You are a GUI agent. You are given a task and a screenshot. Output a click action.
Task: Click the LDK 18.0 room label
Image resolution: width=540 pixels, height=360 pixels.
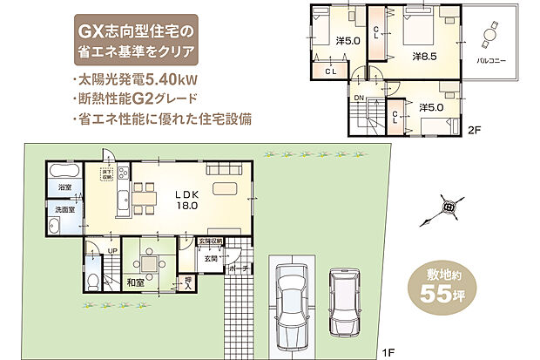186,200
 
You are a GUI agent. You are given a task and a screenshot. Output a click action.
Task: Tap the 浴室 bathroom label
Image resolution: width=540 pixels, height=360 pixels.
64,187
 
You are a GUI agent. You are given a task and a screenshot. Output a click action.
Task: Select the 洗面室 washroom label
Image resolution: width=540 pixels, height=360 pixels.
65,210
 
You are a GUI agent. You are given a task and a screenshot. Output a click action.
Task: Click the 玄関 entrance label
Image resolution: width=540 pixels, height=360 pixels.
211,258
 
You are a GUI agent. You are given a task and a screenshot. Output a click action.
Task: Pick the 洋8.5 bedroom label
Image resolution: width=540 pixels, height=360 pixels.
424,58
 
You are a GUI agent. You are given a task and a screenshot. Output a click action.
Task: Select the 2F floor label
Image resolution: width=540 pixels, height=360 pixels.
474,131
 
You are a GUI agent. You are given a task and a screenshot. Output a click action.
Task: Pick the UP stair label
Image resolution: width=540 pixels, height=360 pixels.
112,251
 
